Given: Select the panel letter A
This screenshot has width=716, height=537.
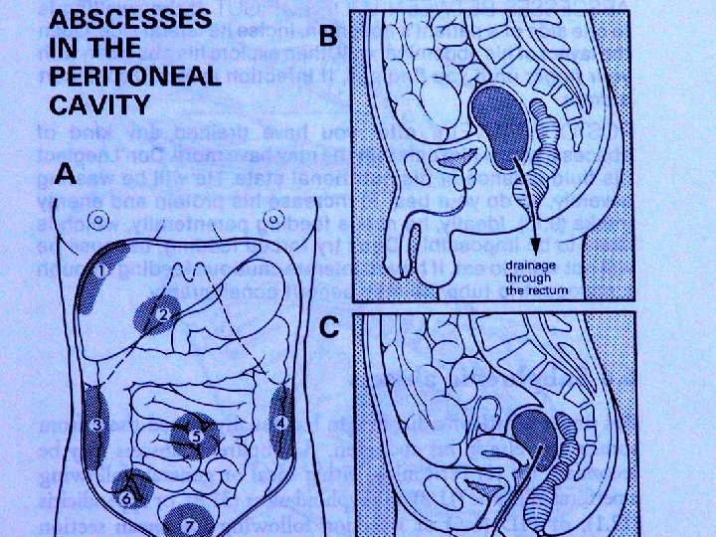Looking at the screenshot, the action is [66, 175].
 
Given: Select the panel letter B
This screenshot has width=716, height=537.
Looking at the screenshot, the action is [328, 35].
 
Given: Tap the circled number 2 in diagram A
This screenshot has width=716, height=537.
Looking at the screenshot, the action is [164, 314].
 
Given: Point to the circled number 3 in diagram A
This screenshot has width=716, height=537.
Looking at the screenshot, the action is [95, 425].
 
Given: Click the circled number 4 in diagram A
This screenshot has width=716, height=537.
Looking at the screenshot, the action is [282, 422].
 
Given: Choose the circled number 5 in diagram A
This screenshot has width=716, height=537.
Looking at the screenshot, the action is [195, 435].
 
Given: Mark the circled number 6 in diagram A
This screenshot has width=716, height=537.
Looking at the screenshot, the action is [127, 498].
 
